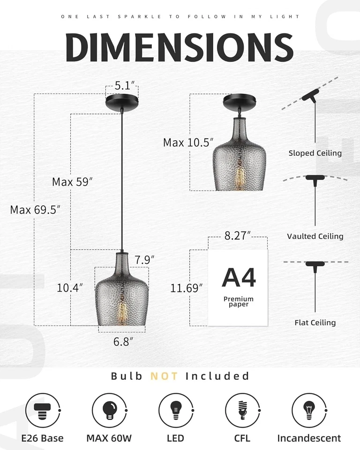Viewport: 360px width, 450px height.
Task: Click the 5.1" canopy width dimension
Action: [125, 85]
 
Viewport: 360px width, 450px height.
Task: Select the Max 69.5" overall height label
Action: [36, 210]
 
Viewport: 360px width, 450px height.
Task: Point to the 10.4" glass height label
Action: [70, 288]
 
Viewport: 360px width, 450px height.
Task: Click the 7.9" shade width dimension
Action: [144, 259]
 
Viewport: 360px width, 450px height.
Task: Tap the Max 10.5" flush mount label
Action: [188, 142]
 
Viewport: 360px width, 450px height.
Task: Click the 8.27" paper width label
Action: [238, 236]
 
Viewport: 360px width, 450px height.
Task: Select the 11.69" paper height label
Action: [187, 288]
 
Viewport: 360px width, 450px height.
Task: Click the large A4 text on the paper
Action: [239, 277]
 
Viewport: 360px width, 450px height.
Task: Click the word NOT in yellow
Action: [165, 376]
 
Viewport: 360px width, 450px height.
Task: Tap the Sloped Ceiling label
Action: [315, 153]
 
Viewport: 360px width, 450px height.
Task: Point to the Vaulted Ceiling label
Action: [315, 236]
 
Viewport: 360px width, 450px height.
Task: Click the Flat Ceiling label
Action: [315, 322]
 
